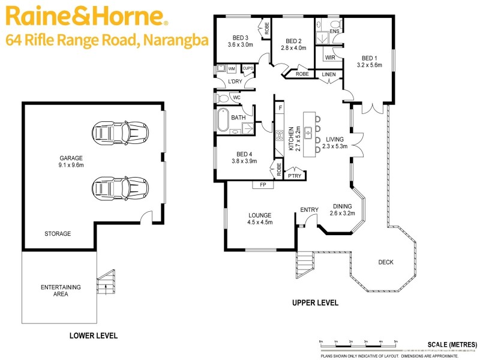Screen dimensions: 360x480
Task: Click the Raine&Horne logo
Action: click(x=85, y=16)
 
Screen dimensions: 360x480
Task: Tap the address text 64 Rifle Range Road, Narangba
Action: click(x=106, y=41)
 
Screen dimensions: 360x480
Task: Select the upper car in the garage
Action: click(x=120, y=131)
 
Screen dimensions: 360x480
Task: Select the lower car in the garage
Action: click(x=120, y=187)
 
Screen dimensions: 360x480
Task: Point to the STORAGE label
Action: click(x=58, y=233)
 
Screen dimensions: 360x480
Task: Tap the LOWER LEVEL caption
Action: click(x=93, y=335)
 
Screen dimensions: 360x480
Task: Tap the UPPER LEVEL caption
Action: click(x=315, y=303)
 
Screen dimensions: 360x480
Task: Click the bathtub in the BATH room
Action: click(x=223, y=121)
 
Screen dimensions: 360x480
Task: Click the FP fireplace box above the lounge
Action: click(x=263, y=185)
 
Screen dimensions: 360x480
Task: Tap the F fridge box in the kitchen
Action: click(x=279, y=108)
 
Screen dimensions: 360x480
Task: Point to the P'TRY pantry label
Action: click(x=294, y=176)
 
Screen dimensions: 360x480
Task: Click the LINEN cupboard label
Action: click(x=329, y=74)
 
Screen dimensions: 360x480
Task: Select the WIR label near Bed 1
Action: click(x=329, y=58)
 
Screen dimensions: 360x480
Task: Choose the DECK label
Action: click(x=386, y=262)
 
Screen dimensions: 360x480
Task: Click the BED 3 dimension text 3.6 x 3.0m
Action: click(x=241, y=44)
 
